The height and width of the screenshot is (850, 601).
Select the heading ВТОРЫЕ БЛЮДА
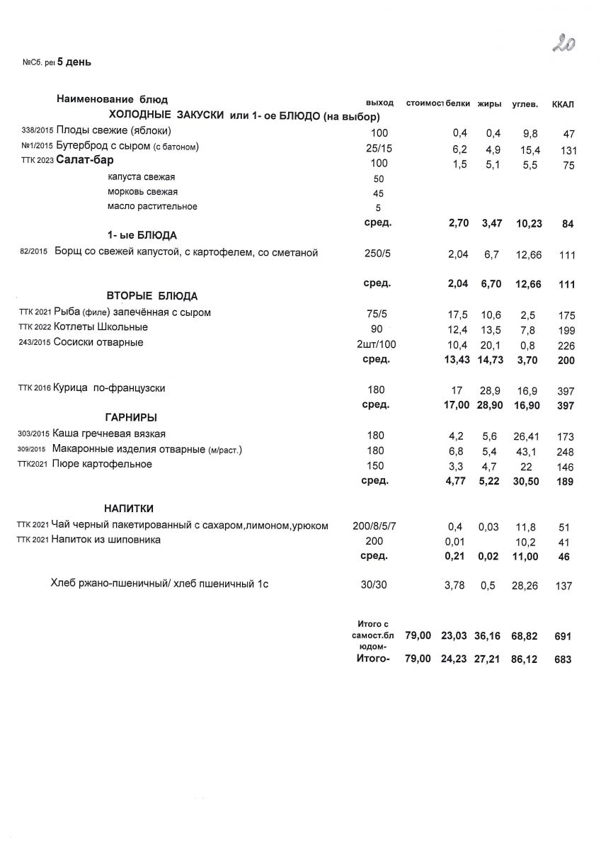coord(151,296)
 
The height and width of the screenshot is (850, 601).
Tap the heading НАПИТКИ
coord(129,509)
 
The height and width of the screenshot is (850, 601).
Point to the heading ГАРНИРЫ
coord(130,418)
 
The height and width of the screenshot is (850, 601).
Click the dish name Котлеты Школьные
coord(101,327)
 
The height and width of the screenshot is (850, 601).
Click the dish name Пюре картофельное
coord(102,464)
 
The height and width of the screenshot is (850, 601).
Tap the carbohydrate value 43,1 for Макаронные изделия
coord(524,452)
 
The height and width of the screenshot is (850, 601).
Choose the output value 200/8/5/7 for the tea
coord(379,526)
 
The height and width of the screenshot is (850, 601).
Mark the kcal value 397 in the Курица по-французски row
coord(566,391)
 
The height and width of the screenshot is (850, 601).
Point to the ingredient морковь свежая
coord(143,192)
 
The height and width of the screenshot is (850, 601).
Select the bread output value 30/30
coord(376,585)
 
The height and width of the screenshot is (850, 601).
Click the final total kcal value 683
coord(561,659)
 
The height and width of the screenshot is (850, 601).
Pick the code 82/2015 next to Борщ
coord(34,251)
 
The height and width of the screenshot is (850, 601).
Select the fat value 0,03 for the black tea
coord(488,527)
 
